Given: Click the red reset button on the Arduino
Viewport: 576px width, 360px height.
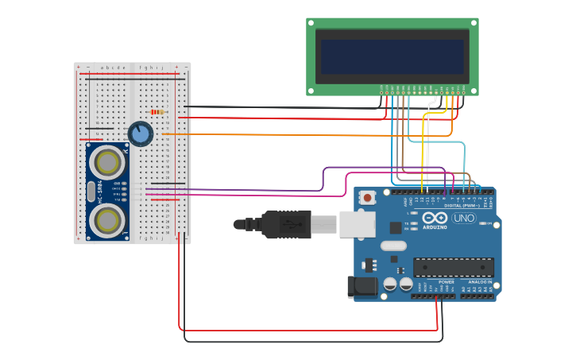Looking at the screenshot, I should [x=367, y=197].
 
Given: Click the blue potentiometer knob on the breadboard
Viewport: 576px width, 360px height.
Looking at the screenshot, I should [x=141, y=134].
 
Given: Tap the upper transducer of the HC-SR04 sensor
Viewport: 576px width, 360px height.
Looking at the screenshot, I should [x=106, y=162].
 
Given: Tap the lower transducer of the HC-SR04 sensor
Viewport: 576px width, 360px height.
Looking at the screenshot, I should [x=106, y=220].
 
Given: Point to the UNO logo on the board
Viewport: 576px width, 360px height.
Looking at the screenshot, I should [x=463, y=218].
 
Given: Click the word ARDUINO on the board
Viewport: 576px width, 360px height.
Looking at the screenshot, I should [x=435, y=226].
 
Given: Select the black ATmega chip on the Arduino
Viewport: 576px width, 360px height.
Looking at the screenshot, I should [x=453, y=267].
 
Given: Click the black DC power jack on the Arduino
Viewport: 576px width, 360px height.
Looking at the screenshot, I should [x=362, y=287].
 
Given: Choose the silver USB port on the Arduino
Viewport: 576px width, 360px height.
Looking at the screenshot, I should [x=357, y=224].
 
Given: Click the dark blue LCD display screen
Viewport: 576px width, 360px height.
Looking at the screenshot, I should [x=392, y=56].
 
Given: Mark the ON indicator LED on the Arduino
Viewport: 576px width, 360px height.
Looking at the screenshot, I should [x=485, y=223].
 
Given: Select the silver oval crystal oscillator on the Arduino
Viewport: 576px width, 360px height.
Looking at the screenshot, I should [x=393, y=246].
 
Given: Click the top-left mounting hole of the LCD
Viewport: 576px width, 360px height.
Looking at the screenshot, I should [x=311, y=23].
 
